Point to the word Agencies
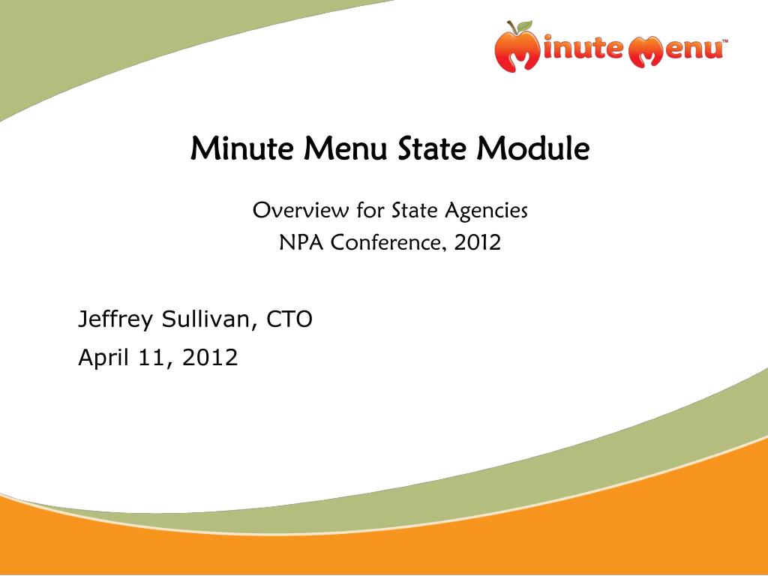[x=487, y=211]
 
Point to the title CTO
[x=290, y=319]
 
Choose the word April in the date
[x=104, y=358]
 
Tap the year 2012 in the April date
[x=210, y=358]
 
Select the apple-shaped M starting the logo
[x=516, y=51]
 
